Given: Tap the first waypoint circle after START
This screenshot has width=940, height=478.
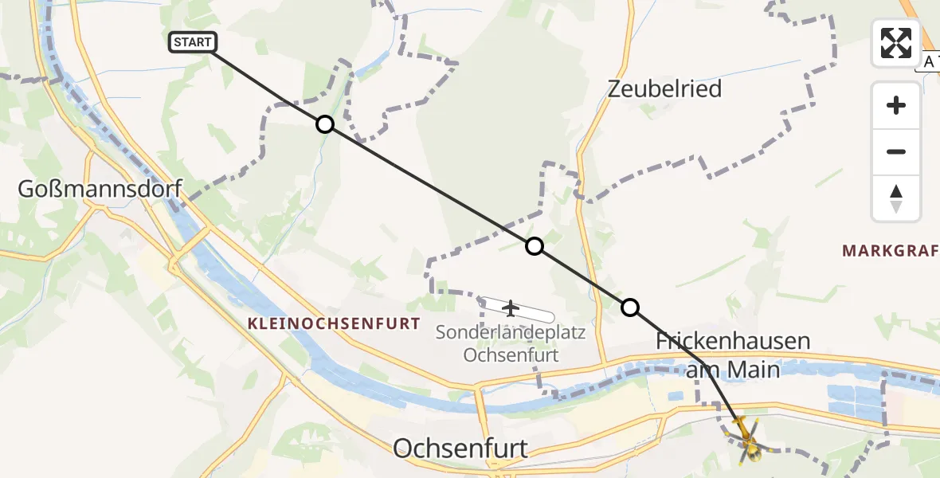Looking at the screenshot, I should (324, 124).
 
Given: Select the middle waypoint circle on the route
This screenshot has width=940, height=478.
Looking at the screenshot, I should (535, 246).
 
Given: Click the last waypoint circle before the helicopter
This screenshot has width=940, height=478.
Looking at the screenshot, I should (630, 308).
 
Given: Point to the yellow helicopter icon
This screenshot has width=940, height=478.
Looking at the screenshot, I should (746, 438).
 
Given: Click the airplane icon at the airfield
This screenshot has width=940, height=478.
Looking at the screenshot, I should (511, 308).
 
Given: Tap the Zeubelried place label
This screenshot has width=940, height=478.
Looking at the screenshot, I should (664, 88).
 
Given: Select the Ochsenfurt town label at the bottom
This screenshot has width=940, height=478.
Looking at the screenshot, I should (460, 449).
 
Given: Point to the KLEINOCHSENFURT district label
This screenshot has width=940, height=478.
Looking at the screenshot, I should (334, 323).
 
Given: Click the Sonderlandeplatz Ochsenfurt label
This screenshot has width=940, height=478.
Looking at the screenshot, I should (511, 343).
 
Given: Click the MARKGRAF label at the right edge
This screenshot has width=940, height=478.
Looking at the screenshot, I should (891, 252).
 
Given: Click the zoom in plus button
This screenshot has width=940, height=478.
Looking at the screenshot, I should (896, 105).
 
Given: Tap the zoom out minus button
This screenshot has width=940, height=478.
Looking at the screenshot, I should (896, 151).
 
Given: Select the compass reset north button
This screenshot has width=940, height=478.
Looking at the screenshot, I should (896, 198).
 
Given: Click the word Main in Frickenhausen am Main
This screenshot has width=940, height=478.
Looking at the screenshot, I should (755, 370).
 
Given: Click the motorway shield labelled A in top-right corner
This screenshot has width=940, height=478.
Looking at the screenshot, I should (929, 61).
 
